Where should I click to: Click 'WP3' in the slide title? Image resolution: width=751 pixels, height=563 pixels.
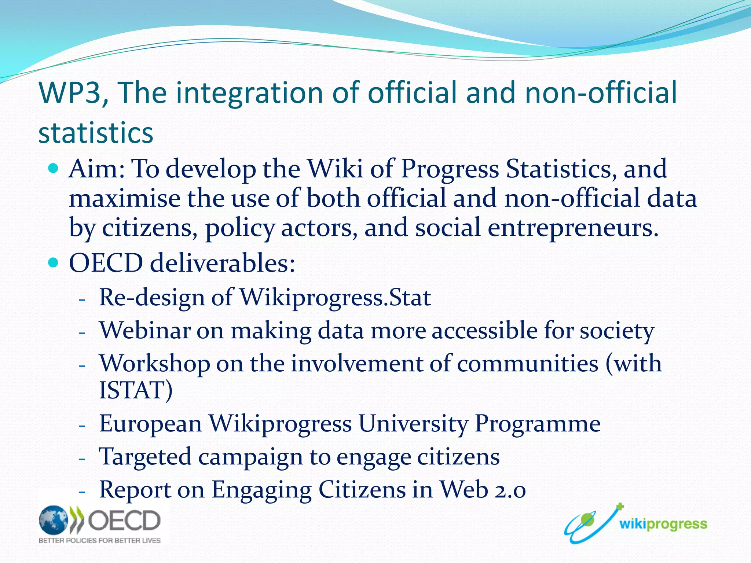(70, 92)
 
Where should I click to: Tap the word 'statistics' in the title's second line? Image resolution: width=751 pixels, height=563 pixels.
(95, 133)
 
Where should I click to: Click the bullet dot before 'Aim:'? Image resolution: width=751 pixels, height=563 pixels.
(53, 169)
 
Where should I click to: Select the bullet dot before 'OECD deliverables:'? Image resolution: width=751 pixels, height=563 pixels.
(53, 262)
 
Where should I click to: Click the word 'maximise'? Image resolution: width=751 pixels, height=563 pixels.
(125, 198)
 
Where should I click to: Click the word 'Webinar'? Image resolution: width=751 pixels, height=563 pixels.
(145, 330)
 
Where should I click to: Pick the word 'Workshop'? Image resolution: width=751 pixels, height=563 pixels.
(155, 364)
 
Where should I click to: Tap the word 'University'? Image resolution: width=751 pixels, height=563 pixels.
(413, 424)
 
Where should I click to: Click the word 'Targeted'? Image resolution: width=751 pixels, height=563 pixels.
(145, 457)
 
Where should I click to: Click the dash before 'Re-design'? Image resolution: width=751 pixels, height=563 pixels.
(82, 299)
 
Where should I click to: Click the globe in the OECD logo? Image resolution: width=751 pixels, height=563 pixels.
(54, 520)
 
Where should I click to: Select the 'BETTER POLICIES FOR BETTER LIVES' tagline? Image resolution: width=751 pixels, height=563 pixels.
(100, 541)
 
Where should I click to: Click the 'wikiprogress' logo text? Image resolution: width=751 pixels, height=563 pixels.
(663, 524)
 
